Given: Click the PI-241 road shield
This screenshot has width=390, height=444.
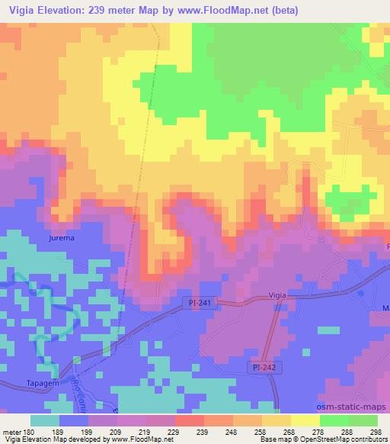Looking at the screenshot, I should [200, 303].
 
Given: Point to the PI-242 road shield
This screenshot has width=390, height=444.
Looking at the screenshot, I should [265, 368].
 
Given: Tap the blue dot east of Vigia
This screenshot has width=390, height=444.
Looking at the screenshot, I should [361, 294].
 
